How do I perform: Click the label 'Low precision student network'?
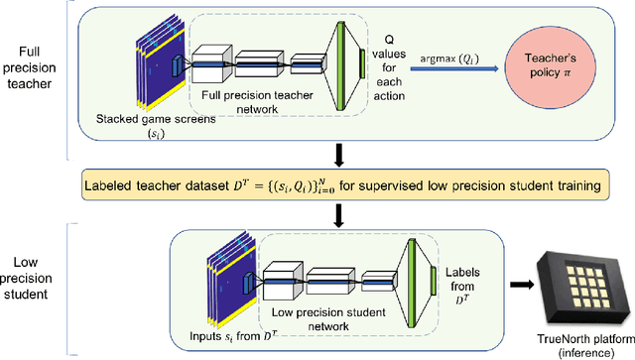click(331, 314)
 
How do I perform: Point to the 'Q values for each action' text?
click(395, 68)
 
